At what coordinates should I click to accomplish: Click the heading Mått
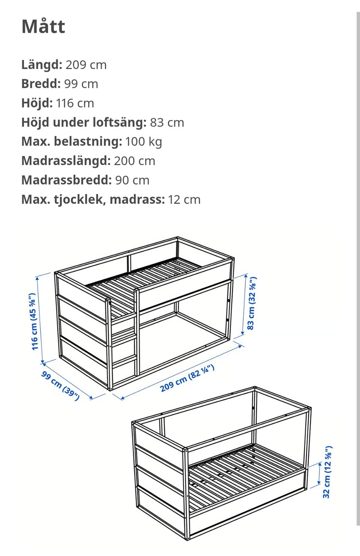click(43, 27)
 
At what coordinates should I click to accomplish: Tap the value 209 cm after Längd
click(86, 65)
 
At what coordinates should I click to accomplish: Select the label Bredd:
click(41, 84)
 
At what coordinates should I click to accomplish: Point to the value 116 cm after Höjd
click(75, 103)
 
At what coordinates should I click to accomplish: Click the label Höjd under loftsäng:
click(84, 122)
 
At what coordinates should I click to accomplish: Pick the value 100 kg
click(144, 141)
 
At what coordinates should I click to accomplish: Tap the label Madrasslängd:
click(66, 161)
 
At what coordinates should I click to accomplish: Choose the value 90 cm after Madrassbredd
click(132, 180)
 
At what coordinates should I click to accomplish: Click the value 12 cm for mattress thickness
click(184, 200)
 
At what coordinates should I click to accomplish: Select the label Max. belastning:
click(72, 141)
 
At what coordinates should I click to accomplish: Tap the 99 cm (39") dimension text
click(60, 386)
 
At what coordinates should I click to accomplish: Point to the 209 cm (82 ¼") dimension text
click(187, 378)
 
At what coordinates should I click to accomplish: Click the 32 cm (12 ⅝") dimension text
click(327, 472)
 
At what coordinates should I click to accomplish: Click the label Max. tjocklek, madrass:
click(93, 200)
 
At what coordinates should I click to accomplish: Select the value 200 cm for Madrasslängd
click(134, 161)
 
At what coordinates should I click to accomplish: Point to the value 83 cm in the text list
click(167, 122)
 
